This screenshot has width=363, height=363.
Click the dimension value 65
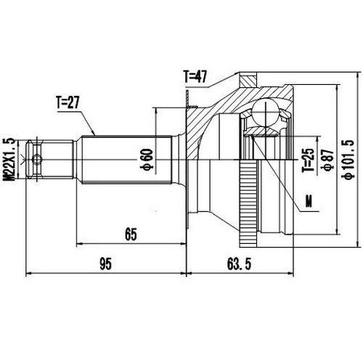point(131,233)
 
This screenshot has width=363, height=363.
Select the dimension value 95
point(105,265)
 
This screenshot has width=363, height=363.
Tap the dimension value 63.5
point(238,265)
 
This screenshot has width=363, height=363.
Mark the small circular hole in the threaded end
point(41,155)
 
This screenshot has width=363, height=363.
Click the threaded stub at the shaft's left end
point(51,155)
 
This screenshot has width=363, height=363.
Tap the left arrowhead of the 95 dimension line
point(30,274)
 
